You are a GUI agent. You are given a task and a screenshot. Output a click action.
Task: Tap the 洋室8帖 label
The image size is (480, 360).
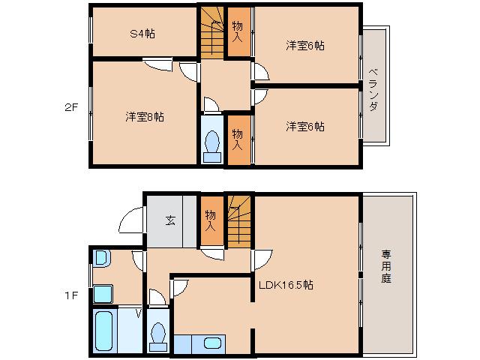click(145, 116)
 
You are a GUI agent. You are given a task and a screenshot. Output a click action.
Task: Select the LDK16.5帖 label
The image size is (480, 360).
click(286, 285)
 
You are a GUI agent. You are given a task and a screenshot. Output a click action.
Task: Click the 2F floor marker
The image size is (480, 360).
click(69, 106)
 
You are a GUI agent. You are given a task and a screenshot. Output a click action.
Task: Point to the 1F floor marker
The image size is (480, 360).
click(70, 295)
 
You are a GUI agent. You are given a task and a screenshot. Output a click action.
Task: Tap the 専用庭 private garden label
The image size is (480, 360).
click(385, 266)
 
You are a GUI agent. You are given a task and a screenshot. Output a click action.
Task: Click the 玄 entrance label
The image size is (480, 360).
click(170, 220)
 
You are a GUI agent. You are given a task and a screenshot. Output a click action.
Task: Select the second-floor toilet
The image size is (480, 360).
click(212, 143)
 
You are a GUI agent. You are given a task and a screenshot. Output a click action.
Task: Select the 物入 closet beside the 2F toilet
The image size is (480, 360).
click(237, 139)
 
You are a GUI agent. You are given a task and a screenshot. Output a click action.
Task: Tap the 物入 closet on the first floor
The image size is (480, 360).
click(211, 220)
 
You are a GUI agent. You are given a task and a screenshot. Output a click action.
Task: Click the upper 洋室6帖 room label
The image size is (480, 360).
click(304, 46)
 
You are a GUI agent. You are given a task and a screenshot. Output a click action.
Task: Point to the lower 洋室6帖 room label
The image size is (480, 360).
click(304, 126)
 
